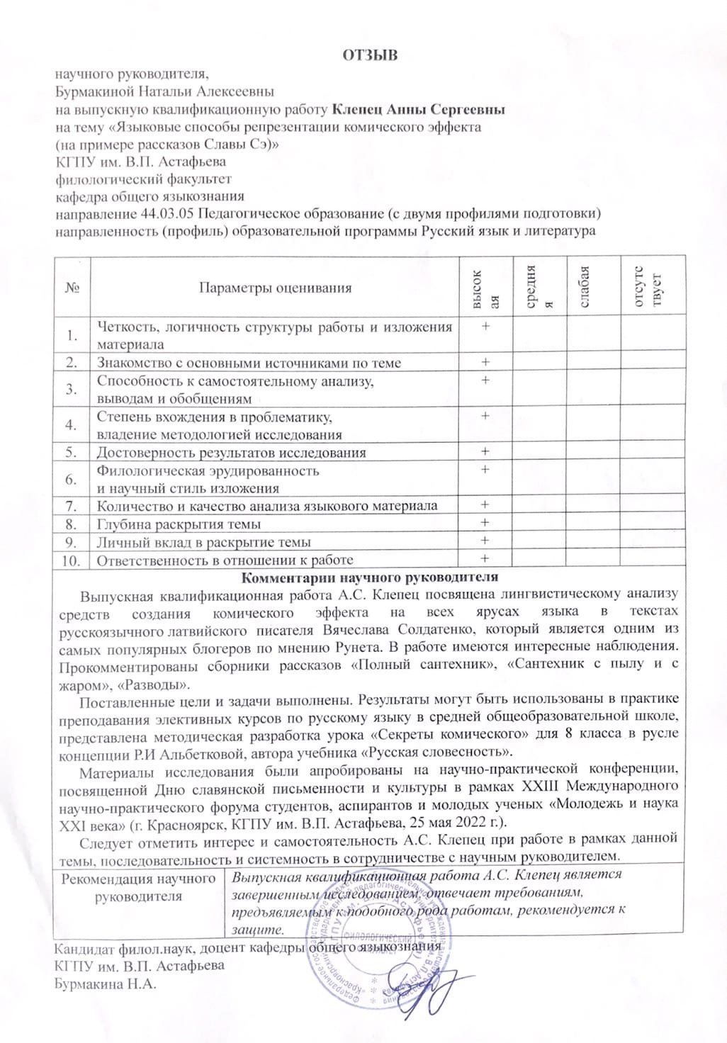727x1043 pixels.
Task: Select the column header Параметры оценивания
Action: click(275, 288)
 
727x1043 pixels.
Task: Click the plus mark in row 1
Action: click(485, 327)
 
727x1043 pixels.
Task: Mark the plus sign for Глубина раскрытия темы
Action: click(485, 524)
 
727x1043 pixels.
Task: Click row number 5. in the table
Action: click(71, 452)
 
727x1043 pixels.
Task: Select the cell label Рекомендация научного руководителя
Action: click(138, 887)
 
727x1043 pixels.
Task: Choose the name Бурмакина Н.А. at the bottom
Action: click(105, 984)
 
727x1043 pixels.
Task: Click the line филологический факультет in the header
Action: click(143, 179)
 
